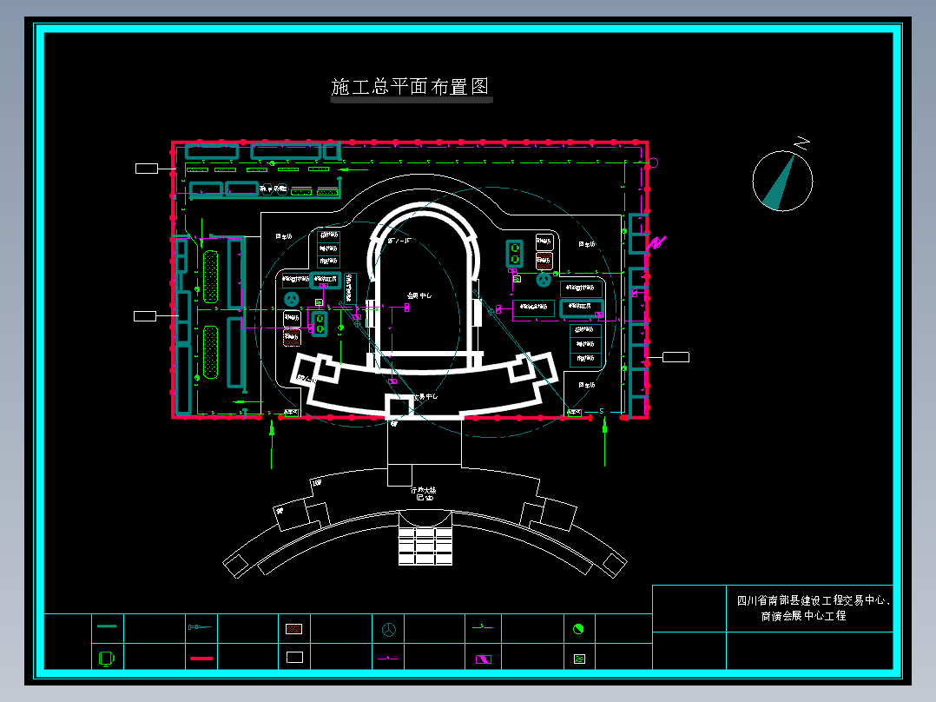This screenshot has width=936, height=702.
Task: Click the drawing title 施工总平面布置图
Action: [411, 87]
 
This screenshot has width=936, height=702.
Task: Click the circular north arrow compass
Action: [782, 181]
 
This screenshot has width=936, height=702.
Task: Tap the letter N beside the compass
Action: [803, 142]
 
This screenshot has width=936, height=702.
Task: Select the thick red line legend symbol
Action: [201, 659]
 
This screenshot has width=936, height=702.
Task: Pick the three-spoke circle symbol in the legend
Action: [389, 628]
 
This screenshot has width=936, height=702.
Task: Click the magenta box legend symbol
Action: [483, 659]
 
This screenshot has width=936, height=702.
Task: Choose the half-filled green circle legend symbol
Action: [578, 628]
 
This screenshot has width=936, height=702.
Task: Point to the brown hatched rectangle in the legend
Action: [295, 628]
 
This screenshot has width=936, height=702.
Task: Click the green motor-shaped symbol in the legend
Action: [107, 658]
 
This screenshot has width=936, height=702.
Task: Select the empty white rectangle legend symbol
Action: [295, 658]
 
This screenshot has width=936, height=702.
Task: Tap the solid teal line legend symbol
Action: [108, 626]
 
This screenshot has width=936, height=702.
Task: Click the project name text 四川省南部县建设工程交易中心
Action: [813, 600]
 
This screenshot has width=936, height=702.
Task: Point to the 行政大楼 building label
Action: [424, 491]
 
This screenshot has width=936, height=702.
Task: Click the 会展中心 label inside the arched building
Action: [419, 296]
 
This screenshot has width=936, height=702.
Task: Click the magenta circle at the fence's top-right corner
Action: [654, 162]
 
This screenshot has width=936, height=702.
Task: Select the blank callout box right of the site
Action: [676, 357]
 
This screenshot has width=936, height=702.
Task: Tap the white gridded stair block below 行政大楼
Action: [425, 546]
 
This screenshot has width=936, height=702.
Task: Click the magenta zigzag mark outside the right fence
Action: [657, 243]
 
